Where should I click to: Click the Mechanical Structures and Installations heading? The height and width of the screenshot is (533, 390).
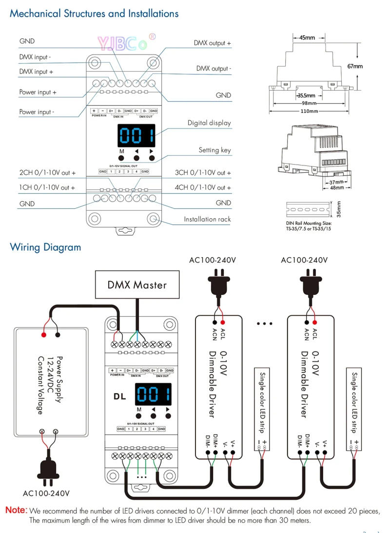pos(94,13)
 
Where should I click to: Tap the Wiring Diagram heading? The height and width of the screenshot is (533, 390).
pos(45,247)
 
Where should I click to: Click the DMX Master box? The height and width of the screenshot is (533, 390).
pos(137,285)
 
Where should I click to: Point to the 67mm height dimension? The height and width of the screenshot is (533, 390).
pos(354,66)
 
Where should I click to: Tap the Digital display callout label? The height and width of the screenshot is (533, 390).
pos(209,123)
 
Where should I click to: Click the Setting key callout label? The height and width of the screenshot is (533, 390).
pos(214,150)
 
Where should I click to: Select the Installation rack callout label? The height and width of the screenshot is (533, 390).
pos(207,219)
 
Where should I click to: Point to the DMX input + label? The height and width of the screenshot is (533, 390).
pos(36,72)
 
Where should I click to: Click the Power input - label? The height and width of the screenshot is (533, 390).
pos(37,112)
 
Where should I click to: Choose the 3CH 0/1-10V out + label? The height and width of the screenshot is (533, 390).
pos(203,173)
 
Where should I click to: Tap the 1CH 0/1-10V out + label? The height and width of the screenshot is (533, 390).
pos(47,187)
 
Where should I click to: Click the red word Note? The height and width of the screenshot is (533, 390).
pos(16,511)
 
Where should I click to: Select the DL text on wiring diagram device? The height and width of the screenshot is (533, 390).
pos(119,396)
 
